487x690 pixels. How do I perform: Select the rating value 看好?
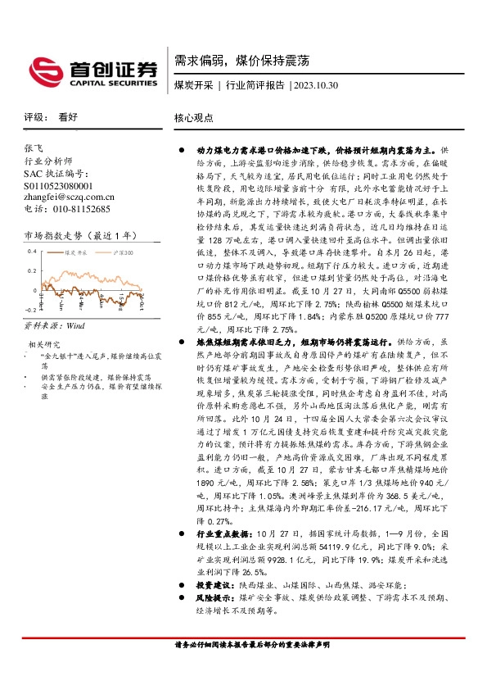point(68,117)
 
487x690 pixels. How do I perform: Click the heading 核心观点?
point(193,117)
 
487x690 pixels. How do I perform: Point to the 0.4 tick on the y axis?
point(31,251)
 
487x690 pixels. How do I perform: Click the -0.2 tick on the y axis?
point(29,310)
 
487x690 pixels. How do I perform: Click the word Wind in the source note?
point(77,325)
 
